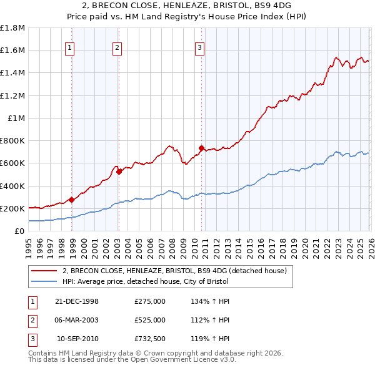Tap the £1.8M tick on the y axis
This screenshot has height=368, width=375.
13,28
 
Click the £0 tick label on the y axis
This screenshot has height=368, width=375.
20,231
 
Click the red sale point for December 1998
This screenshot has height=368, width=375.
72,200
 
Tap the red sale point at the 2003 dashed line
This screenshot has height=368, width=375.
119,172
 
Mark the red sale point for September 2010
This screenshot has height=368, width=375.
202,148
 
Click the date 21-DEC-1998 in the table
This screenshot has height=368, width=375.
77,301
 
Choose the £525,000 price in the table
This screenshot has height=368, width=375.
150,320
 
